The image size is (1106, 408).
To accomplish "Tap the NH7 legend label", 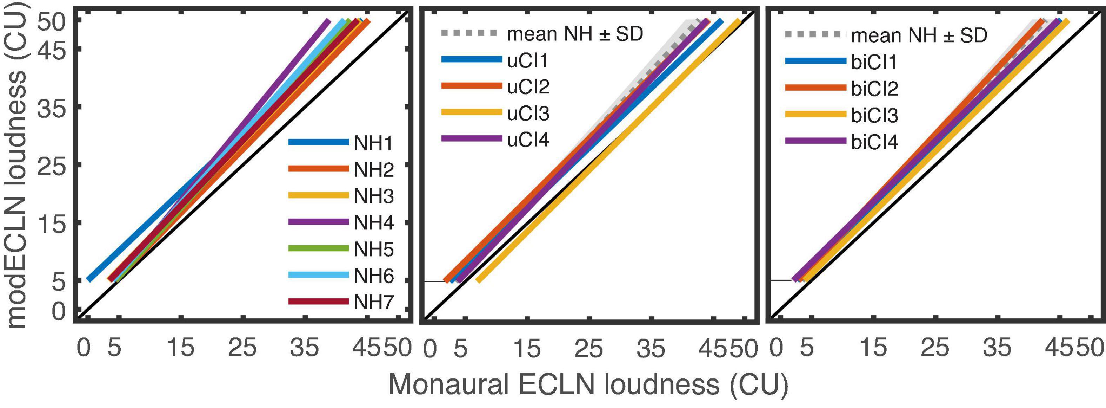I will point(374,303).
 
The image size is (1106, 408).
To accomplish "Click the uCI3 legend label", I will point(528,114).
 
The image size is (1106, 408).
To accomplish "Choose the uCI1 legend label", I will point(527,61).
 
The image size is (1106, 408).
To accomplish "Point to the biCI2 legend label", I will point(874,89).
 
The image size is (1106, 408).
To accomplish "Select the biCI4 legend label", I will point(874,142).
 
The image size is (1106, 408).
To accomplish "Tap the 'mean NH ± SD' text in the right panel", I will point(919,35).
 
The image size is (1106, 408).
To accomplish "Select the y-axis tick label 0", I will point(59,312).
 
